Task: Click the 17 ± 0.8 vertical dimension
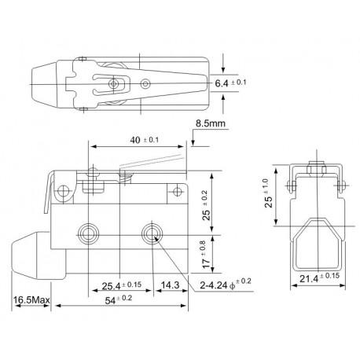pos(204,253)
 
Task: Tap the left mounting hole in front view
pos(88,233)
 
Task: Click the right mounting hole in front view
pos(149,233)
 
